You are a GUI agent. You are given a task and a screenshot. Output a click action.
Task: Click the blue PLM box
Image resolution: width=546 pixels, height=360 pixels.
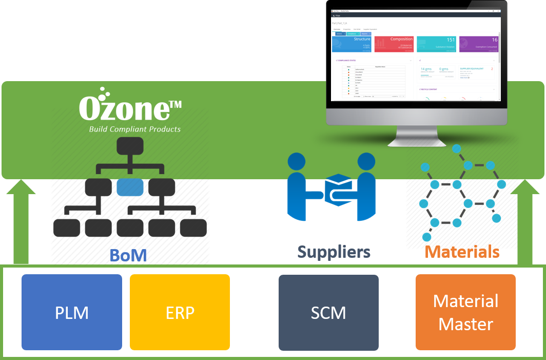[72, 312]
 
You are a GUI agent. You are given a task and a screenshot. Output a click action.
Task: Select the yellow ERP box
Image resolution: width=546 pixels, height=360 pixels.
[180, 312]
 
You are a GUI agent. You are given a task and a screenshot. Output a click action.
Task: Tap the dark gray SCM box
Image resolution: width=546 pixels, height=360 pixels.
[328, 312]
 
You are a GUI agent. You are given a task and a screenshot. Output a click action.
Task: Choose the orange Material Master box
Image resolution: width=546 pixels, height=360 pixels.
[465, 312]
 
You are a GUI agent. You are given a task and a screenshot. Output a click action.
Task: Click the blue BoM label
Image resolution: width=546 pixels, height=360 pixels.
[128, 255]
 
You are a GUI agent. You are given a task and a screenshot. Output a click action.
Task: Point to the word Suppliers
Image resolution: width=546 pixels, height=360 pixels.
[334, 252]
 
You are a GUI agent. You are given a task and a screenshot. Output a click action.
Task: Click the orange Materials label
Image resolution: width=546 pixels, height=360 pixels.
[462, 252]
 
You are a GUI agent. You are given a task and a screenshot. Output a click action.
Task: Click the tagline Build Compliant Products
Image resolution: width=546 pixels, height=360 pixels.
[134, 129]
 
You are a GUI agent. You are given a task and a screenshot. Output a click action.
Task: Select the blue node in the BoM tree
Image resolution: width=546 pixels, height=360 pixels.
[129, 187]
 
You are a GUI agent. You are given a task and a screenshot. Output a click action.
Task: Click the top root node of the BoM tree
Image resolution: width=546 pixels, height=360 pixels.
[129, 146]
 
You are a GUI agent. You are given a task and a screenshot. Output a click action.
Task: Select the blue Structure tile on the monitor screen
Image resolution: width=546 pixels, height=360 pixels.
[352, 44]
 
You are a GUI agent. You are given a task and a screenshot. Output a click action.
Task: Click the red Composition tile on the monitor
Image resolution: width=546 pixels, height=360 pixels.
[394, 44]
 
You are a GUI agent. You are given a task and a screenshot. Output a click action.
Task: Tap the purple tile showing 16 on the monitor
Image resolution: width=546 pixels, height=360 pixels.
[478, 44]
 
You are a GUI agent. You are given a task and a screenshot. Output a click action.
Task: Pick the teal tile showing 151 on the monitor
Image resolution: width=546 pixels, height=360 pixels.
[436, 44]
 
